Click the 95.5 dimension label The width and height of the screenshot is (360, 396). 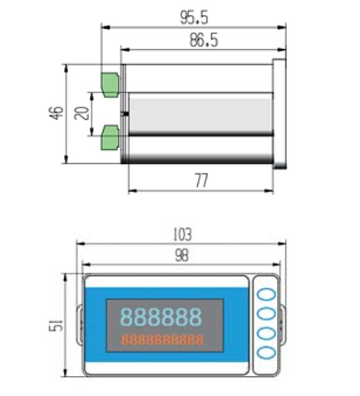tap(194, 17)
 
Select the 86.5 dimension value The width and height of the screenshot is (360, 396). tap(204, 40)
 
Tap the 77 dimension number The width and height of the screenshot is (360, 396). tap(201, 181)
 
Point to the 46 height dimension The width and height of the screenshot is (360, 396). tap(57, 113)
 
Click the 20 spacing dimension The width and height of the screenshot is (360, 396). tap(82, 113)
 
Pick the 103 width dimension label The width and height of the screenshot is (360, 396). tap(182, 235)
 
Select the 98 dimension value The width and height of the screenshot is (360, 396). tap(182, 255)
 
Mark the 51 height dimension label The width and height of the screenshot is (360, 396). tap(57, 324)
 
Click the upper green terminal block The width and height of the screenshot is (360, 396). tap(110, 85)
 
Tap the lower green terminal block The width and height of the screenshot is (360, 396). tap(110, 138)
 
